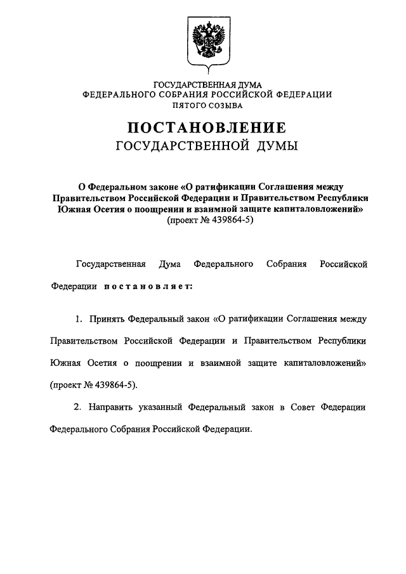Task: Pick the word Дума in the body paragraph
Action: click(x=171, y=263)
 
